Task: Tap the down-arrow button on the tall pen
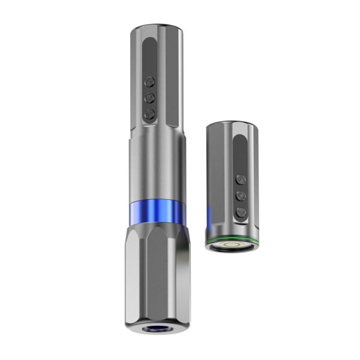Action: [150, 112]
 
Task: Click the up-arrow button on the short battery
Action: [241, 179]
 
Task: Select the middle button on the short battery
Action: [241, 195]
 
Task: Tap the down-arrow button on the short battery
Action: [241, 211]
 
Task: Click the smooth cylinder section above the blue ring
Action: [155, 168]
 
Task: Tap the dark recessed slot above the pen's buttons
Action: [150, 54]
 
